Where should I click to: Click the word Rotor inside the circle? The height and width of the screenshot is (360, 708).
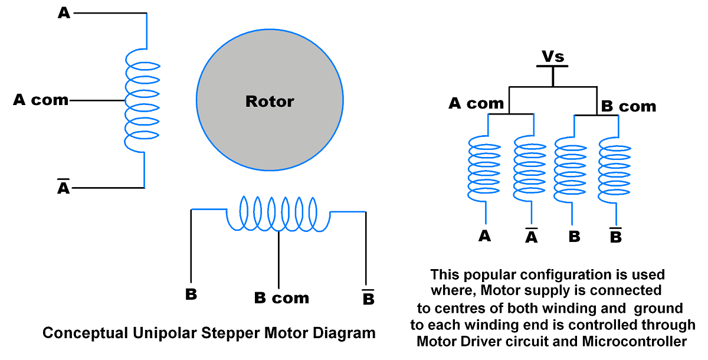pyautogui.click(x=270, y=102)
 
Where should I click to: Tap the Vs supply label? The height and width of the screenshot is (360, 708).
pyautogui.click(x=553, y=57)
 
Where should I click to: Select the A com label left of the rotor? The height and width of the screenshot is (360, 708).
pyautogui.click(x=41, y=100)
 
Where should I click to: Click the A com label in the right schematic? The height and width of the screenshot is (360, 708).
pyautogui.click(x=476, y=103)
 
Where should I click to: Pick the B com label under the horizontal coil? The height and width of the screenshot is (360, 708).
pyautogui.click(x=281, y=298)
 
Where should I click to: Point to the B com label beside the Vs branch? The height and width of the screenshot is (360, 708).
pyautogui.click(x=628, y=107)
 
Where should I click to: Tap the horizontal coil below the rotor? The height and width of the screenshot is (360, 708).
pyautogui.click(x=278, y=214)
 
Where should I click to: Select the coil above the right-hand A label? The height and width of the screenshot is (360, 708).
pyautogui.click(x=484, y=168)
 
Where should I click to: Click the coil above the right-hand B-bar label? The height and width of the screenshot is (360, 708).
pyautogui.click(x=615, y=168)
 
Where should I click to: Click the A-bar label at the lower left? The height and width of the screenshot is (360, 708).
pyautogui.click(x=64, y=188)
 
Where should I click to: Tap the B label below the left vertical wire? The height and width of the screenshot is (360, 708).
pyautogui.click(x=191, y=294)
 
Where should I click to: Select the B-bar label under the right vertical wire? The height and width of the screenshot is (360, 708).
pyautogui.click(x=368, y=298)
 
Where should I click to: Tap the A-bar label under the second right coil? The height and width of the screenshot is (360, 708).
pyautogui.click(x=532, y=237)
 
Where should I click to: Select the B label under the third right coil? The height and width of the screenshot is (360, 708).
pyautogui.click(x=574, y=237)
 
